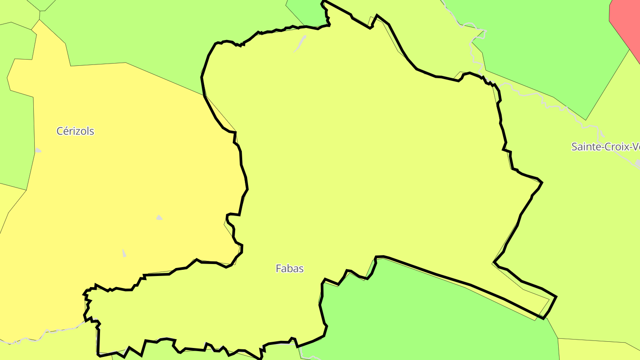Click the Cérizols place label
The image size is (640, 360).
tap(75, 131)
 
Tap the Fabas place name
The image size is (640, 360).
tap(289, 268)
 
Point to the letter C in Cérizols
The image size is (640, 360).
tap(60, 131)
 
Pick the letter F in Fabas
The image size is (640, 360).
tap(278, 268)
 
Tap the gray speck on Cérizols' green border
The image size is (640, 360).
tap(38, 150)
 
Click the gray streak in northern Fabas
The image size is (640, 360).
tap(300, 44)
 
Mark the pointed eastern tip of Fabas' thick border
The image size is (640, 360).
tap(556, 297)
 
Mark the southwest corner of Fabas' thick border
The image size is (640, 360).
tap(98, 354)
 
